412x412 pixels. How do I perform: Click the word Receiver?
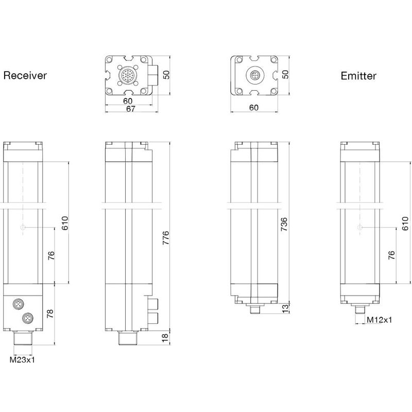(x=25, y=76)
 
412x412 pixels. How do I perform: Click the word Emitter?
(x=358, y=76)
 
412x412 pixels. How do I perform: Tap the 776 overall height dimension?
(x=166, y=240)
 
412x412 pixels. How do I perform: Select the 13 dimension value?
(x=285, y=308)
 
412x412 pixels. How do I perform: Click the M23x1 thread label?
(x=23, y=359)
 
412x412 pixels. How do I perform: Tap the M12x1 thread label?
(x=379, y=320)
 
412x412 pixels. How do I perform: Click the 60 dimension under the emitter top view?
(x=253, y=108)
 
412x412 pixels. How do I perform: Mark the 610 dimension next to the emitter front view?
(x=405, y=222)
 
